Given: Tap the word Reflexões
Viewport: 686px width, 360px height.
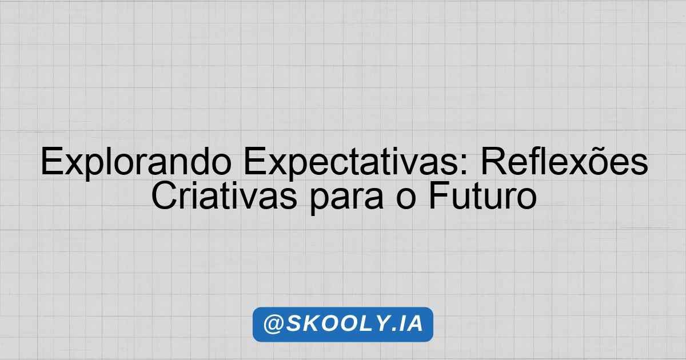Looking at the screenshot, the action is tap(564, 161).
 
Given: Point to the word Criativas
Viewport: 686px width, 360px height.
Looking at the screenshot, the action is tap(224, 195).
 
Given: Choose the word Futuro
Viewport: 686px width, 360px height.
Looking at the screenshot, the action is tap(482, 195).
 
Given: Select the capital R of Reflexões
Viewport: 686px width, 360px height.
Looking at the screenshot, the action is tap(494, 161).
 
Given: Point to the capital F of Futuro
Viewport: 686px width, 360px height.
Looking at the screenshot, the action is tap(439, 195).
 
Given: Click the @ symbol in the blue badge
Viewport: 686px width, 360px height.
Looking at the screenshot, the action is tap(273, 325).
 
